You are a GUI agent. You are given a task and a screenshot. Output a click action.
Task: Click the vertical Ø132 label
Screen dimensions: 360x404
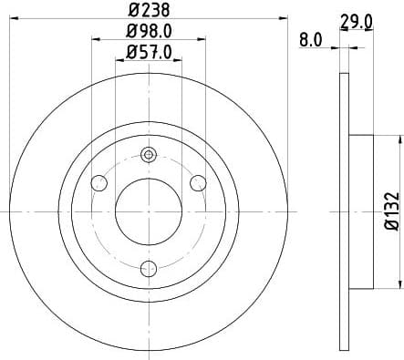coord(390,210)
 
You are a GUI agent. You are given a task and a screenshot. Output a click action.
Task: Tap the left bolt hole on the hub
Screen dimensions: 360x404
coord(100,184)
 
